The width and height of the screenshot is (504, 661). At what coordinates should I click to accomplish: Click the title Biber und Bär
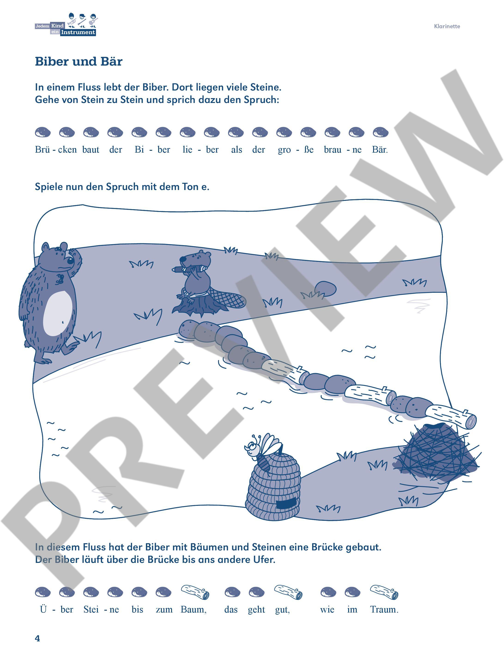[78, 61]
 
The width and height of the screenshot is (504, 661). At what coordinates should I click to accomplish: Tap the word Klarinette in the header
[447, 26]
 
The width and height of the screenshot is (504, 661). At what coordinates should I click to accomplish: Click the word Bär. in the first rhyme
[380, 149]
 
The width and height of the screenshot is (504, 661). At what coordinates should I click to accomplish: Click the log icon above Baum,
[195, 592]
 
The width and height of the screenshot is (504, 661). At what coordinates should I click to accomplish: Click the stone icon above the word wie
[328, 592]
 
